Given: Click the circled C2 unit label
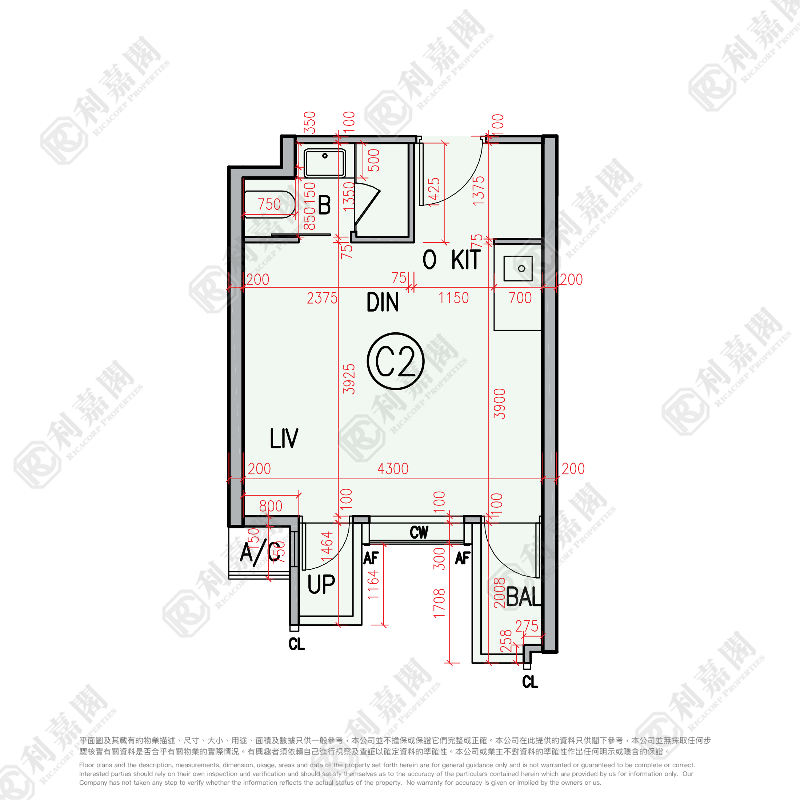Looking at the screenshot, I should (x=395, y=361).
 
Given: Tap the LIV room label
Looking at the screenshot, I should (x=284, y=439).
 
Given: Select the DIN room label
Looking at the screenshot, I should (x=383, y=302).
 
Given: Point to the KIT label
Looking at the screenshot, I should (x=466, y=260).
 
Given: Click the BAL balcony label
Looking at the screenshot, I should (x=523, y=597).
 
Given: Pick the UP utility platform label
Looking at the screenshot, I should (x=321, y=584).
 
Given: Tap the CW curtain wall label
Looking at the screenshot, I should (x=419, y=532).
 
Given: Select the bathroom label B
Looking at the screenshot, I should (x=324, y=205).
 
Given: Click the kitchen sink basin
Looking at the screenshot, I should (x=518, y=269).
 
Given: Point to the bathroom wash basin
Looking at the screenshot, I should (x=325, y=163).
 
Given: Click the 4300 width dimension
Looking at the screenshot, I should (x=393, y=469).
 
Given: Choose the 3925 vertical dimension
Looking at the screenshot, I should (x=349, y=379).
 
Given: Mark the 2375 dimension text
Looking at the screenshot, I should (x=322, y=298).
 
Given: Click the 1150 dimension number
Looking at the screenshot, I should (x=453, y=298).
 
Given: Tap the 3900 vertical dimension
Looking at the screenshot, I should (x=500, y=404).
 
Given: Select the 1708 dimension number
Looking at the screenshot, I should (x=439, y=603).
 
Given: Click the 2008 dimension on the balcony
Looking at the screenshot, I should (x=500, y=593).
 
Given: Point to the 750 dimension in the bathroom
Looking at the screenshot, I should (x=269, y=204).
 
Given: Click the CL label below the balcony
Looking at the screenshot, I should (x=530, y=681).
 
